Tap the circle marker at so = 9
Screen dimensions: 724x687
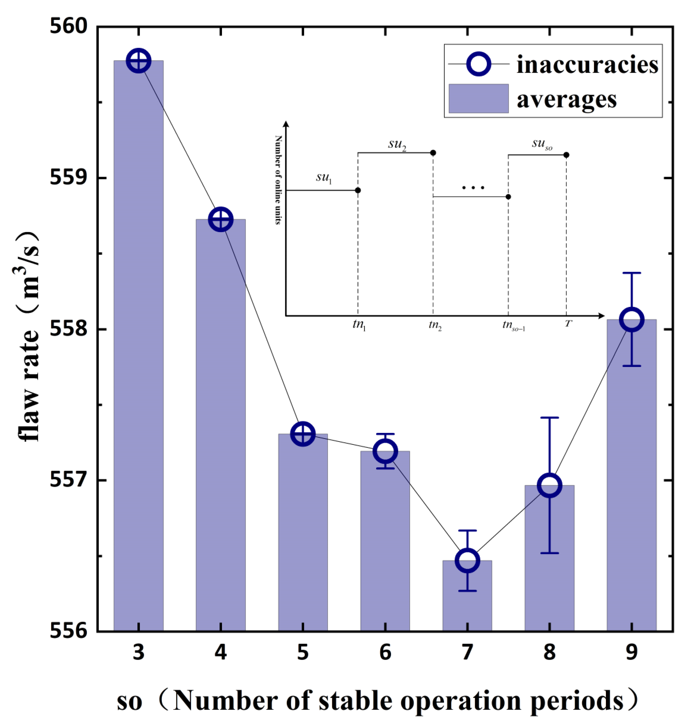click(x=632, y=319)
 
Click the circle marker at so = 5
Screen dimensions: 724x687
click(x=303, y=434)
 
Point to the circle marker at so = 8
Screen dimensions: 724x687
click(x=550, y=485)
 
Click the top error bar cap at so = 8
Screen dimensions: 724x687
click(x=550, y=417)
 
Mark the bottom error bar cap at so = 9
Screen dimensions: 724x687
click(x=632, y=366)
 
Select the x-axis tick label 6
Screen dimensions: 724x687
click(x=385, y=653)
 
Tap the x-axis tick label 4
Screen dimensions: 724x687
click(x=220, y=653)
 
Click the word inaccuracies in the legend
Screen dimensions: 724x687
click(x=587, y=65)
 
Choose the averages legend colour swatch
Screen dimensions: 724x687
click(x=479, y=98)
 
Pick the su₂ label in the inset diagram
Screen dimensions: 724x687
click(x=397, y=145)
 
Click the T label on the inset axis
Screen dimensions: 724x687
click(x=568, y=323)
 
